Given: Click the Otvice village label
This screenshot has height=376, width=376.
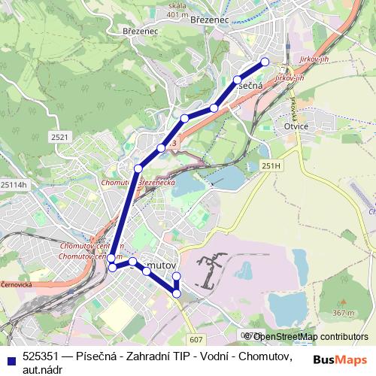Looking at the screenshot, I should tap(296, 126).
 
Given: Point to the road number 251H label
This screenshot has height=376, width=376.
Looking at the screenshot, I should tap(271, 165).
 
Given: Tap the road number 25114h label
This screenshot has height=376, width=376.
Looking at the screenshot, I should tap(14, 185).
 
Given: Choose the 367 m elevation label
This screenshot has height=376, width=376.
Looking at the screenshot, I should tap(342, 312).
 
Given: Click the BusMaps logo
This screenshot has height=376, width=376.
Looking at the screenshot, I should tap(340, 359).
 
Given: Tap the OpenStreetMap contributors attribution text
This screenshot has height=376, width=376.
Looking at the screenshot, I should tap(311, 337).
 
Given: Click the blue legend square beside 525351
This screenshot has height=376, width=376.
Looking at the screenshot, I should tap(11, 359).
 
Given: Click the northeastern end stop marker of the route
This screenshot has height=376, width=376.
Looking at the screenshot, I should tap(265, 62).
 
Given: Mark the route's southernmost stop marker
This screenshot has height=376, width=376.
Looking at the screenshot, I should tap(177, 293).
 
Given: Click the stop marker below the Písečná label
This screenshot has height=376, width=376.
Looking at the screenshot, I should tap(237, 79).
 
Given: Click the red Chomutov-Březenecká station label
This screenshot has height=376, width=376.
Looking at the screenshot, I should tap(138, 183).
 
